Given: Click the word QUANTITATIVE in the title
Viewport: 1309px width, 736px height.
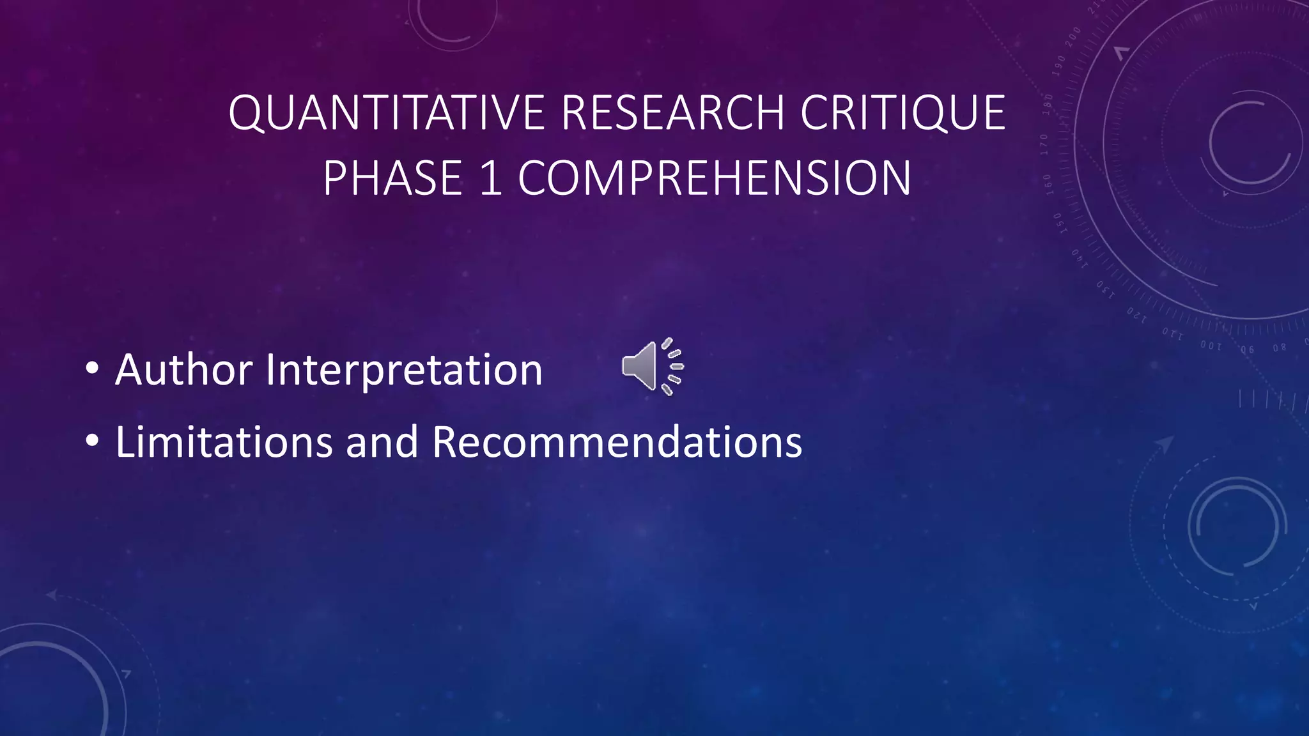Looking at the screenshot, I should coord(387,113).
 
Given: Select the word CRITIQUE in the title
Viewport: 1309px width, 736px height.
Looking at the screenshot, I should coord(903,113).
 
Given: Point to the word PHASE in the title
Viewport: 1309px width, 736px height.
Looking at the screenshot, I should coord(392,178).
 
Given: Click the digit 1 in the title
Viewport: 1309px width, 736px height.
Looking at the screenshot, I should coord(490,178).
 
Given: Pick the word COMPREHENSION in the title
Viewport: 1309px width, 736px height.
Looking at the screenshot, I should coord(714,178).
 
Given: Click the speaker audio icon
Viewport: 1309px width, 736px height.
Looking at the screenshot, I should coord(653,366).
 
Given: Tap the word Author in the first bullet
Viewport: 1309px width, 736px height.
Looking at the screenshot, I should coord(183,370).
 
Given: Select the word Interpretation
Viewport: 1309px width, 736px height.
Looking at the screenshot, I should coord(404,370).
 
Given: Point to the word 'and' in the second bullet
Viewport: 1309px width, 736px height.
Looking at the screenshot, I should coord(382,441).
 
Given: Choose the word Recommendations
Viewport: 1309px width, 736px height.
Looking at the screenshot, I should coord(617,441).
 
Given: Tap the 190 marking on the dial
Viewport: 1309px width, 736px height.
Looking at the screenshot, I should coord(1059,65).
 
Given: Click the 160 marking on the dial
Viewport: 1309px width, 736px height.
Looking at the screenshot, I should coord(1047,184).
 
